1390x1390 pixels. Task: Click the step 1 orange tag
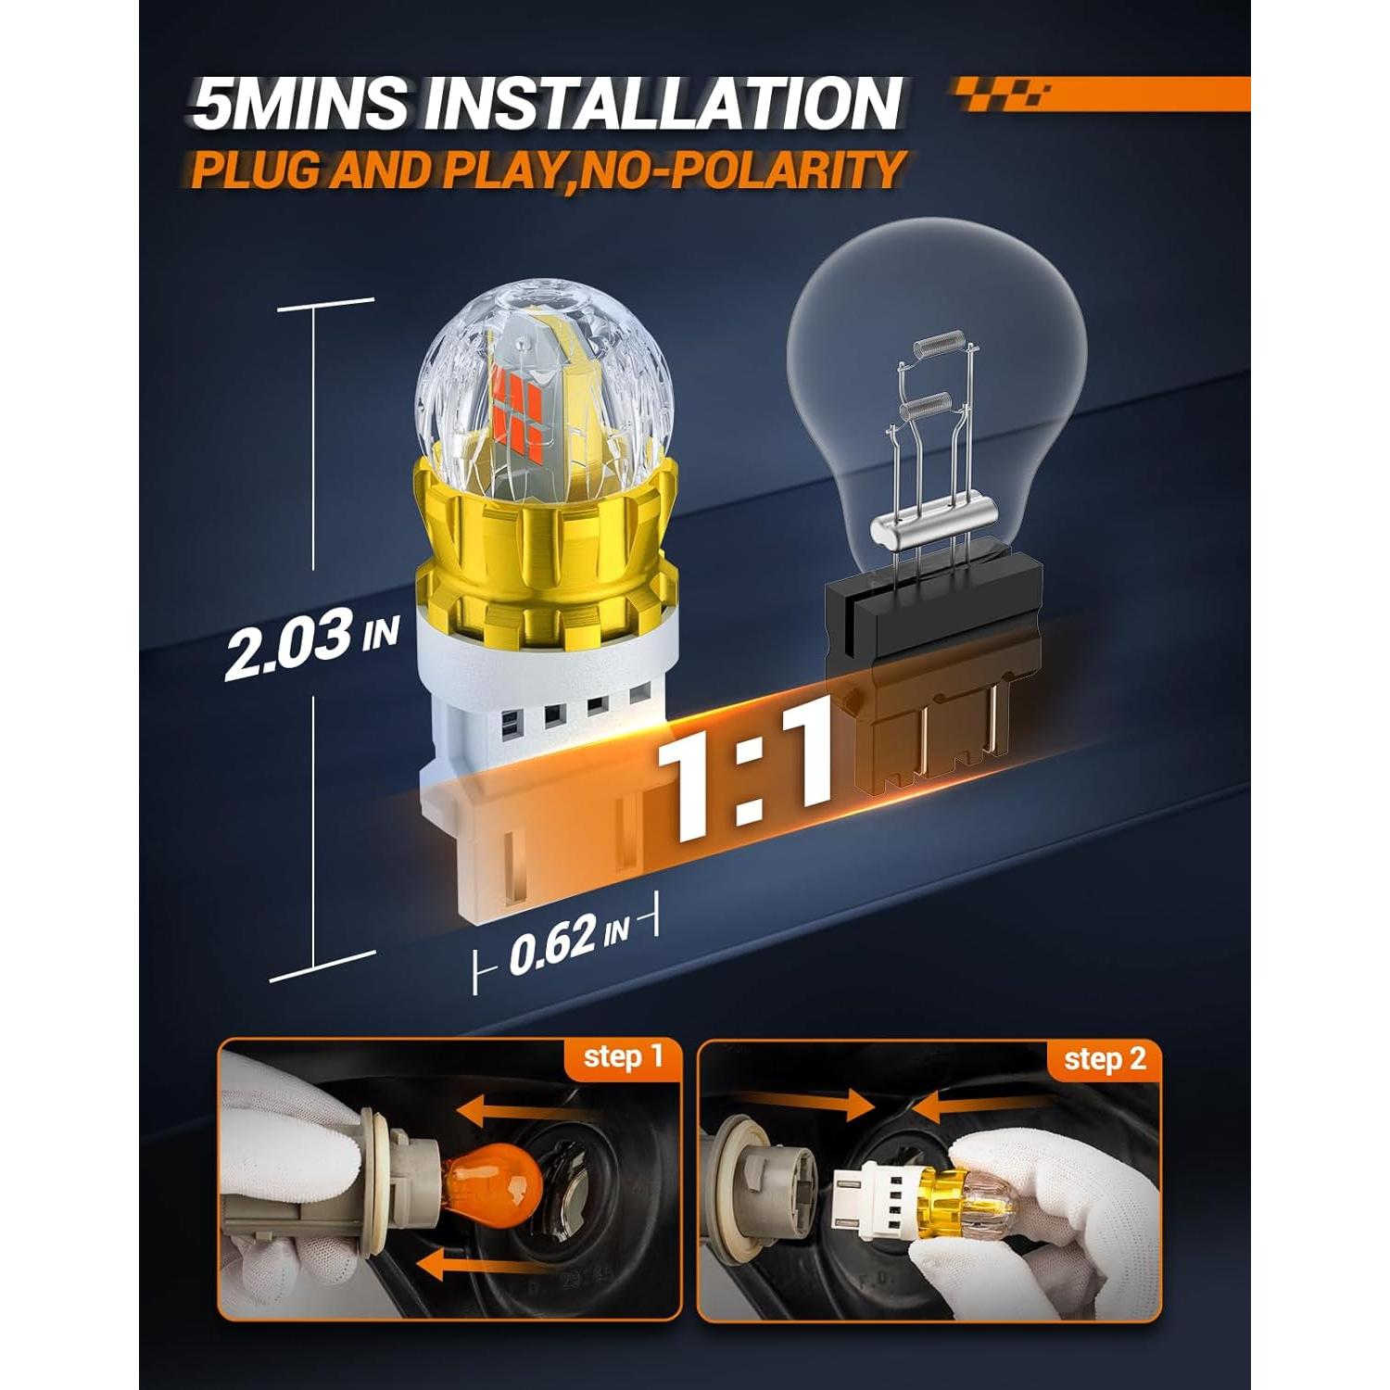(624, 1057)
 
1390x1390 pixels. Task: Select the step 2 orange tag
(1104, 1059)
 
